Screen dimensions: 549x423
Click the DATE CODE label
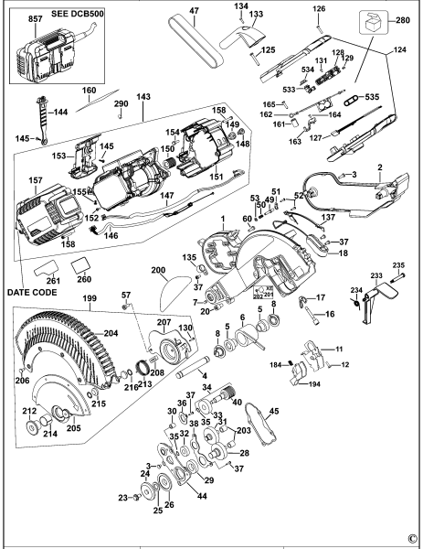(31, 292)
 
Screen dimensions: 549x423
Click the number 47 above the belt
(193, 10)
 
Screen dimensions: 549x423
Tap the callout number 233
(376, 274)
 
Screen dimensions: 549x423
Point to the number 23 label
(122, 497)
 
